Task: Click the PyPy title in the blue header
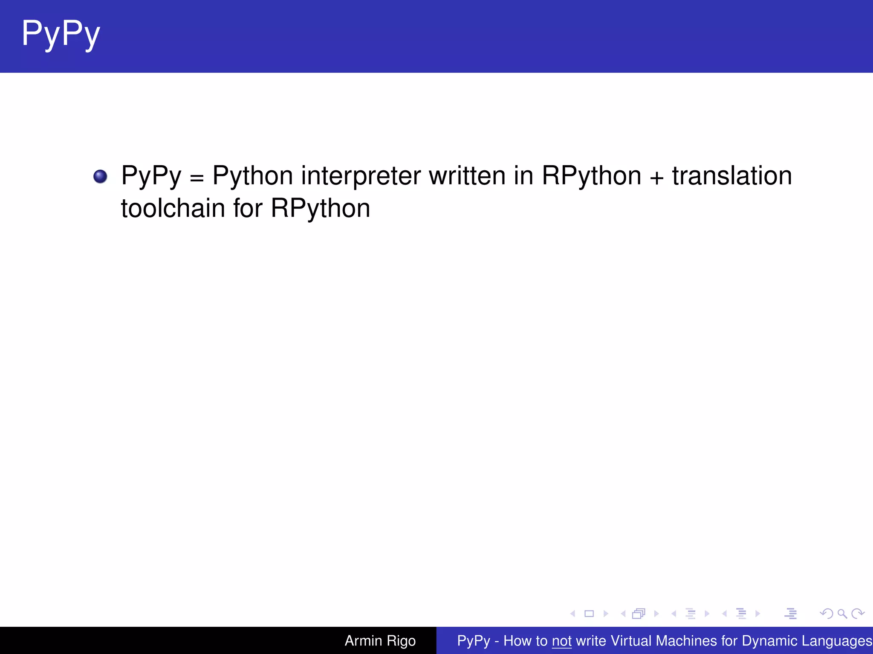coord(61,34)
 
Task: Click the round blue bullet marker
coord(100,176)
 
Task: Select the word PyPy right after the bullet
coord(151,176)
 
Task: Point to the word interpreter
coord(361,176)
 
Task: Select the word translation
coord(732,175)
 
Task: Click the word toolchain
coord(173,209)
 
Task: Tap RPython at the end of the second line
coord(320,209)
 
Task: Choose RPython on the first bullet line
coord(591,176)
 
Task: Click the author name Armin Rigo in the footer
coord(380,641)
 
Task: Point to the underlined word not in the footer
coord(561,641)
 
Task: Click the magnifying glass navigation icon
coord(842,614)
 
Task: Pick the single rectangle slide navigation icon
coord(589,614)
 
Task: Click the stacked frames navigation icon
coord(639,614)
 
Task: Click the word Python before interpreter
coord(253,176)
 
